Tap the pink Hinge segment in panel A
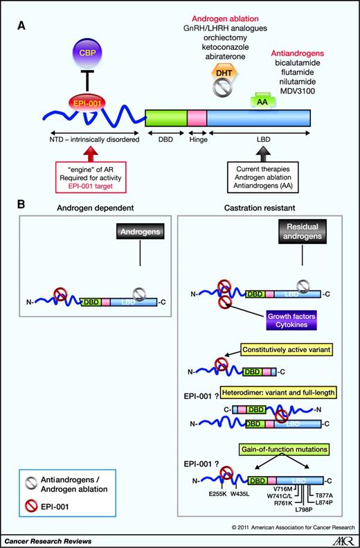(197, 118)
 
